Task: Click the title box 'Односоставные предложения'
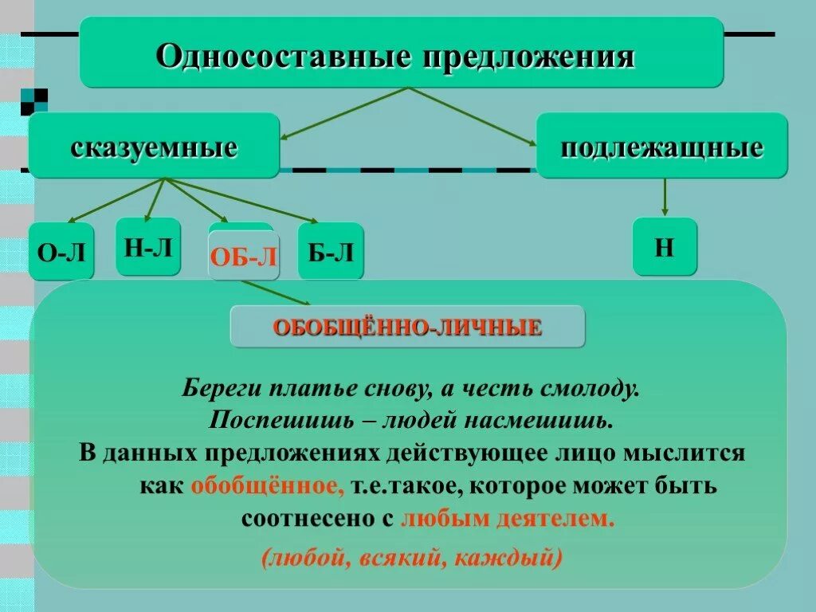point(401,54)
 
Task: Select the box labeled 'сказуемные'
point(154,147)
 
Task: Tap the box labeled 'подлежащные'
point(661,147)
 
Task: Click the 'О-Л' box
point(61,253)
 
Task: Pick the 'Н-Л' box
point(148,247)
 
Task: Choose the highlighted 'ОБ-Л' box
point(244,257)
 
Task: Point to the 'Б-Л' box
point(330,253)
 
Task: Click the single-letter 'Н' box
point(665,247)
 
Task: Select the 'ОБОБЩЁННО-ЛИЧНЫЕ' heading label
point(407,327)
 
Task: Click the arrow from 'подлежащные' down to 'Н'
point(665,196)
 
